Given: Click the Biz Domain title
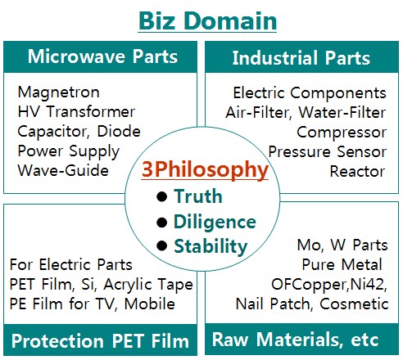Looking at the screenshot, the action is click(207, 20).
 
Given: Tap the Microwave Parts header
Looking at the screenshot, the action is click(102, 56).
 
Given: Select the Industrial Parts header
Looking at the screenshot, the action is click(301, 58).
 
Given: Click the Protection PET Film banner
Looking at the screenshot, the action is click(100, 340).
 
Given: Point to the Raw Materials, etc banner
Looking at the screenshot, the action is click(295, 340).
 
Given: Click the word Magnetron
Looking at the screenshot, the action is click(58, 92).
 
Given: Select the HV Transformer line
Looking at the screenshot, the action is click(76, 111).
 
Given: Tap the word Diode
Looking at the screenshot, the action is click(119, 131).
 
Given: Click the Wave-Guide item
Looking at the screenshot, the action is click(63, 170).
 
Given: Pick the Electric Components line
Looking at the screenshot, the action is click(310, 92).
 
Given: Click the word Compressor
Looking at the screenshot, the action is click(342, 133).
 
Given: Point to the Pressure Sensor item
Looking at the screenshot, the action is click(328, 151).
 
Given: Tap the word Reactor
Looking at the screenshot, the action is click(357, 171).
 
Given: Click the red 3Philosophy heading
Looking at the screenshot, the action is click(205, 169).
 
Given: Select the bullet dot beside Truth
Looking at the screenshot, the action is click(162, 196).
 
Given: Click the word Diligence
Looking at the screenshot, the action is click(215, 222).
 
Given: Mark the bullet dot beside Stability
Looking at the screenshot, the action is click(162, 245).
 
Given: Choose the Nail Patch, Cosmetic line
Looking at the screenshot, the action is click(312, 304).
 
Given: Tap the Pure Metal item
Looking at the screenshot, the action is click(342, 264).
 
